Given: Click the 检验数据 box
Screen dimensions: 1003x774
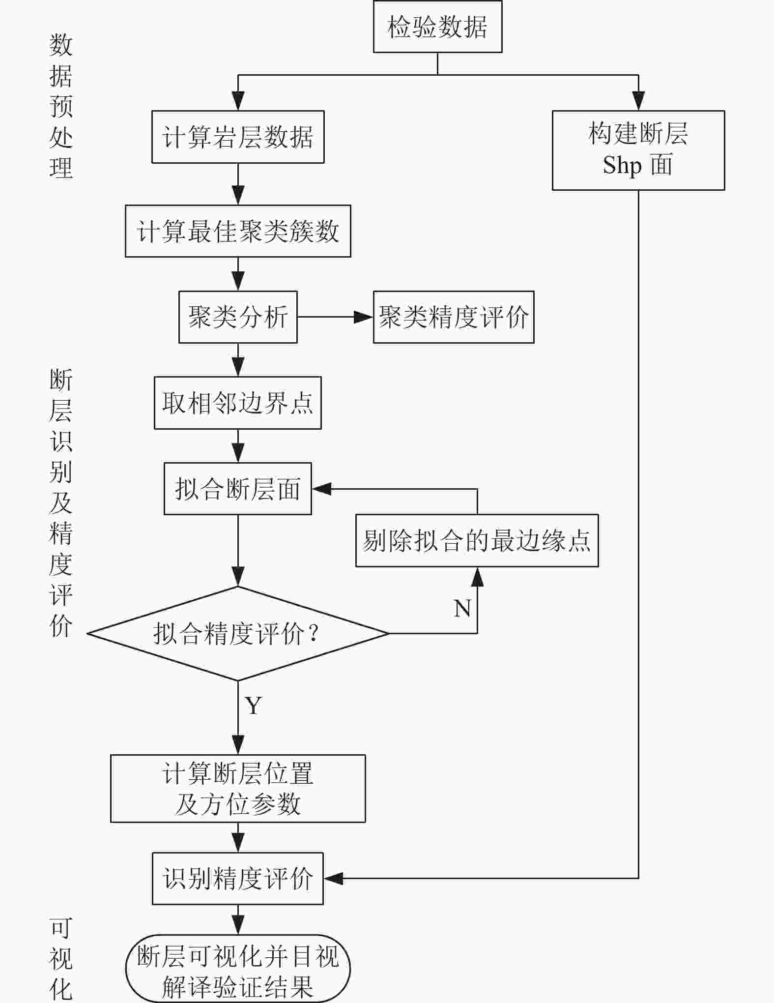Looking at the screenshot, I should [437, 27].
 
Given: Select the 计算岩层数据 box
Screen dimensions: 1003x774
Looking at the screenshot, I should [238, 137].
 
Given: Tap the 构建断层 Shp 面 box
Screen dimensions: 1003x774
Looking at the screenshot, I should [638, 150].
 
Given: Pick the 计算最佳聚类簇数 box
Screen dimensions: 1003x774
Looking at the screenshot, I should [238, 231].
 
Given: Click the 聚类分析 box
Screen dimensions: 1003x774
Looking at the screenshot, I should [238, 317].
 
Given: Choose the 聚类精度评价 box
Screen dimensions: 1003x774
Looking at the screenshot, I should [453, 317].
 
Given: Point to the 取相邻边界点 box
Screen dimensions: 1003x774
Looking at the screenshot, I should [238, 403].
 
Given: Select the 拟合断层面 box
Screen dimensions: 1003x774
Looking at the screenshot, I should [238, 489].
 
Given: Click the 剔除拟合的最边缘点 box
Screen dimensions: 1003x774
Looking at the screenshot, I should [477, 541].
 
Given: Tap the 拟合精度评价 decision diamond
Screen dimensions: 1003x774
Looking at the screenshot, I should [238, 633].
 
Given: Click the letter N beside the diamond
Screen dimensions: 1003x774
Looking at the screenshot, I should [462, 609].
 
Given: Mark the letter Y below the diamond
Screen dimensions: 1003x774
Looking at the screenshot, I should [254, 706].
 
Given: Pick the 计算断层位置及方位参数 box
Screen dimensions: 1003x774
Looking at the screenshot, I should [238, 789].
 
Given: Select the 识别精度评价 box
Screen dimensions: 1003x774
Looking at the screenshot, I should [238, 879].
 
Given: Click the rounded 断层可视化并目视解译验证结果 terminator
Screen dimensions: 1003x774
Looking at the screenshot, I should [238, 969].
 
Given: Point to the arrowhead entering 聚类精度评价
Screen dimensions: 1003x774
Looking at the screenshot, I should [364, 317].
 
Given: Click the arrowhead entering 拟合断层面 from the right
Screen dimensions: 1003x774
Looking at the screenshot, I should [322, 489].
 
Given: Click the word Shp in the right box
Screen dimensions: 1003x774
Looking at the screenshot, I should [622, 165].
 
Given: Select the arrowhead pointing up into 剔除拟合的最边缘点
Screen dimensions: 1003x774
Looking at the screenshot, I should [477, 577].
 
